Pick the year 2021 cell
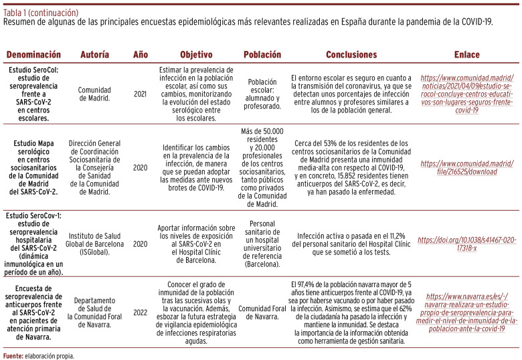[140, 93]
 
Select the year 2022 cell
[140, 311]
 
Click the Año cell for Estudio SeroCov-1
[140, 244]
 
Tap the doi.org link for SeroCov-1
[466, 244]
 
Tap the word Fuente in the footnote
[12, 356]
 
